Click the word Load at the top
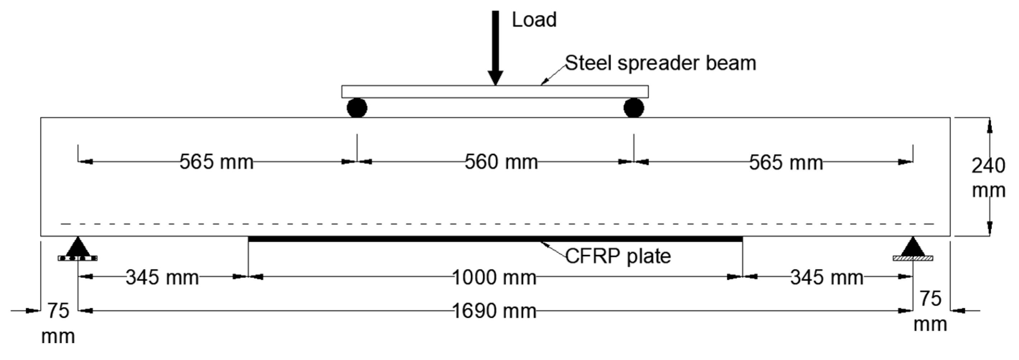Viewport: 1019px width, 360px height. tap(534, 20)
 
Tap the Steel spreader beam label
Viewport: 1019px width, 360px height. tap(660, 63)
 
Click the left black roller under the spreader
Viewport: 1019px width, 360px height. tap(357, 108)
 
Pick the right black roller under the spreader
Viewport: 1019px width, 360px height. tap(633, 108)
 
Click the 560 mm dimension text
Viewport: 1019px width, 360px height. tap(501, 162)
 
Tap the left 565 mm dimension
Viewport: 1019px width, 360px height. tap(216, 162)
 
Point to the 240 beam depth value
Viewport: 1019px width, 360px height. tap(988, 166)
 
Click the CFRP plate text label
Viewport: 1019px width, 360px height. tap(618, 256)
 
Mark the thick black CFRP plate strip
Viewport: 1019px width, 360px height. tap(495, 239)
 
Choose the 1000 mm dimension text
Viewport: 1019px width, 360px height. tap(494, 277)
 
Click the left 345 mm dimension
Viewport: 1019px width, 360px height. tap(162, 277)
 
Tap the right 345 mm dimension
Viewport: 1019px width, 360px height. tap(826, 277)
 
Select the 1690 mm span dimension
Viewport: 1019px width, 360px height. tap(494, 311)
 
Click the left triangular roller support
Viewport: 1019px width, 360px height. tap(78, 248)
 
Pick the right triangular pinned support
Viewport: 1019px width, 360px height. tap(912, 248)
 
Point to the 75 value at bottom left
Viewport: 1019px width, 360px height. tap(58, 311)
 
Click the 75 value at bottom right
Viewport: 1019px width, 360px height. tap(930, 299)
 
